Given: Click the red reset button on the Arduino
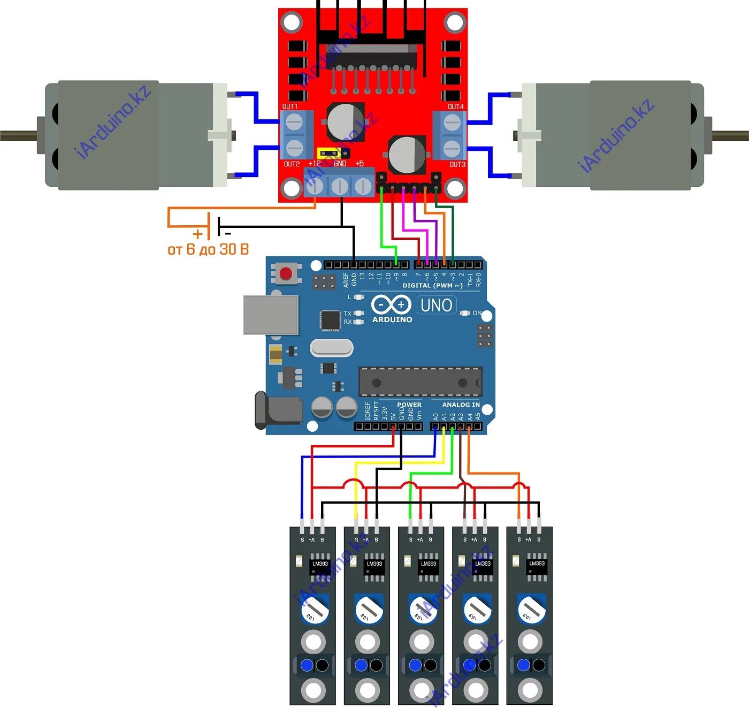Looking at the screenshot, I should (286, 274).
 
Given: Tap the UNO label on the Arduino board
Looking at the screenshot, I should (437, 306).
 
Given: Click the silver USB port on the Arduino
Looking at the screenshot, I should (271, 315).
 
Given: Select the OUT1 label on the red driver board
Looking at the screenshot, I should (290, 106).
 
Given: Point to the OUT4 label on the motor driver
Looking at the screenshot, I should (456, 106).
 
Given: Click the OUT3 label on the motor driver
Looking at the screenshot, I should (457, 164).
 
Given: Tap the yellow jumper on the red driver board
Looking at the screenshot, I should (329, 154).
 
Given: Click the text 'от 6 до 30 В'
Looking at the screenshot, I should (208, 249).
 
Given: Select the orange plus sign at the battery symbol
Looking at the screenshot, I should (198, 234).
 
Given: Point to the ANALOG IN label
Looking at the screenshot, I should (461, 405).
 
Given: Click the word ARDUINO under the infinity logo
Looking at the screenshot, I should (392, 319).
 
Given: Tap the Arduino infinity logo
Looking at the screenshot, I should (391, 304).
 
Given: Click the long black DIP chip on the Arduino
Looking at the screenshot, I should (420, 383).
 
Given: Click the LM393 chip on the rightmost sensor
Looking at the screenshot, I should (537, 567).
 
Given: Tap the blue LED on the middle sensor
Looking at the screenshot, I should (415, 665).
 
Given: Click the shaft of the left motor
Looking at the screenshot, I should (19, 135).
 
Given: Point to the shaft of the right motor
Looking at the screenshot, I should (730, 135).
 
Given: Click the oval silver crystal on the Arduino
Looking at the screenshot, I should (332, 348).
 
